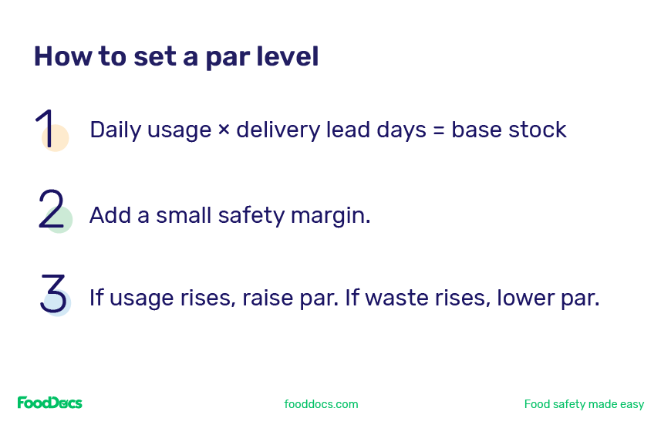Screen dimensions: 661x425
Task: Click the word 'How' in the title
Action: tap(62, 56)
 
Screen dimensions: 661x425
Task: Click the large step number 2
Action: tap(51, 209)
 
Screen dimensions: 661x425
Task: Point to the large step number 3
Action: tap(53, 293)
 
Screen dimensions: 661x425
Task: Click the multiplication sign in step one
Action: tap(224, 129)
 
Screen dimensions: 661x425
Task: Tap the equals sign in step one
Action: tap(439, 130)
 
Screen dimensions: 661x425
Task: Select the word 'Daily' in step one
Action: tap(115, 130)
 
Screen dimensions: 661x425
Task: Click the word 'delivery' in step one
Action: tap(278, 130)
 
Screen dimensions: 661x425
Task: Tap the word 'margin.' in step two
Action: tap(330, 216)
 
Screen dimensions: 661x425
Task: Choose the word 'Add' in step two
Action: tap(110, 215)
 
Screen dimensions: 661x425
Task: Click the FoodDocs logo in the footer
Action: tap(49, 403)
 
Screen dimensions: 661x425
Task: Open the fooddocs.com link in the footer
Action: tap(321, 404)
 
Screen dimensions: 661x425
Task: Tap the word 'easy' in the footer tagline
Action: tap(632, 405)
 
